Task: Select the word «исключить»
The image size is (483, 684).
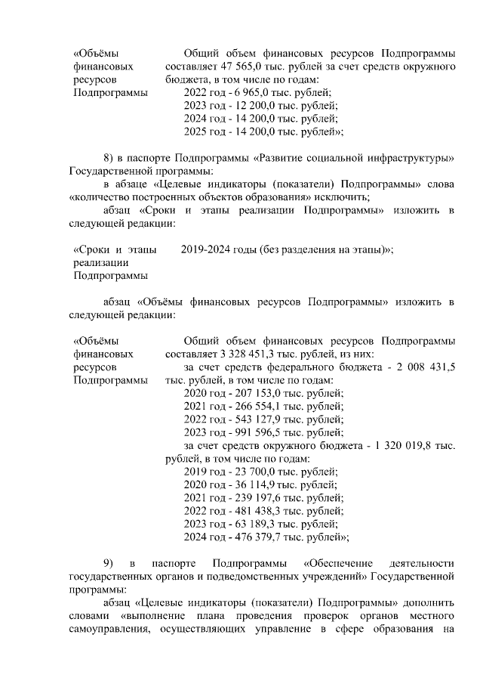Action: pyautogui.click(x=340, y=197)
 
